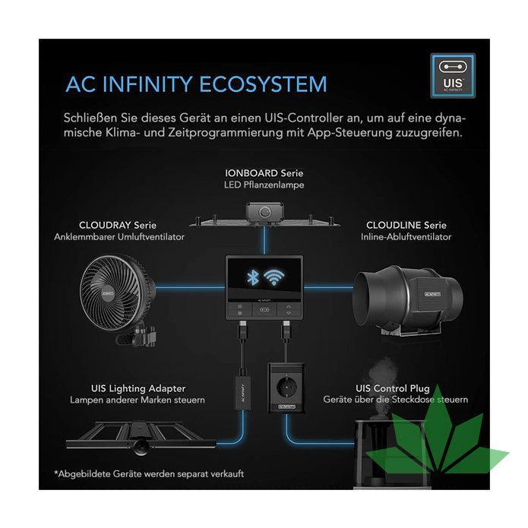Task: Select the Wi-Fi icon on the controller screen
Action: (274, 276)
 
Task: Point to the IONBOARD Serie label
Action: (264, 173)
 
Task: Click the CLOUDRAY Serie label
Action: (119, 225)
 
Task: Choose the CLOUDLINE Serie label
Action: (406, 225)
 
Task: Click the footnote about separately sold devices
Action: (149, 474)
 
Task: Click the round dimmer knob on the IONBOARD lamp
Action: (264, 214)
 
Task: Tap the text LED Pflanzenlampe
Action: (264, 185)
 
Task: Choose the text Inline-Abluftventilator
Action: (406, 236)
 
